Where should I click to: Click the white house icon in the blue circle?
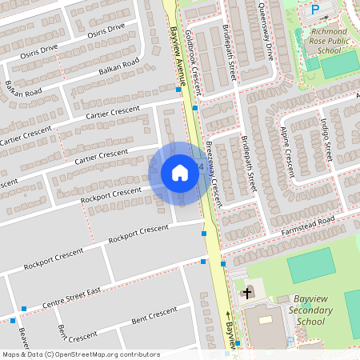pos(180,173)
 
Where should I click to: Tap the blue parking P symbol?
pos(314,10)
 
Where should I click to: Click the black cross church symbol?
pos(247,293)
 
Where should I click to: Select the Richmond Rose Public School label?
pos(324,41)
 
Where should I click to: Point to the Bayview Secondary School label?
pos(298,310)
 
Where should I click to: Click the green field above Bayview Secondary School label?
pos(310,266)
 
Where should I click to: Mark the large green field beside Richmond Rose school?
pos(340,64)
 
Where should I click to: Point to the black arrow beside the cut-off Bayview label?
pos(227,315)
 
